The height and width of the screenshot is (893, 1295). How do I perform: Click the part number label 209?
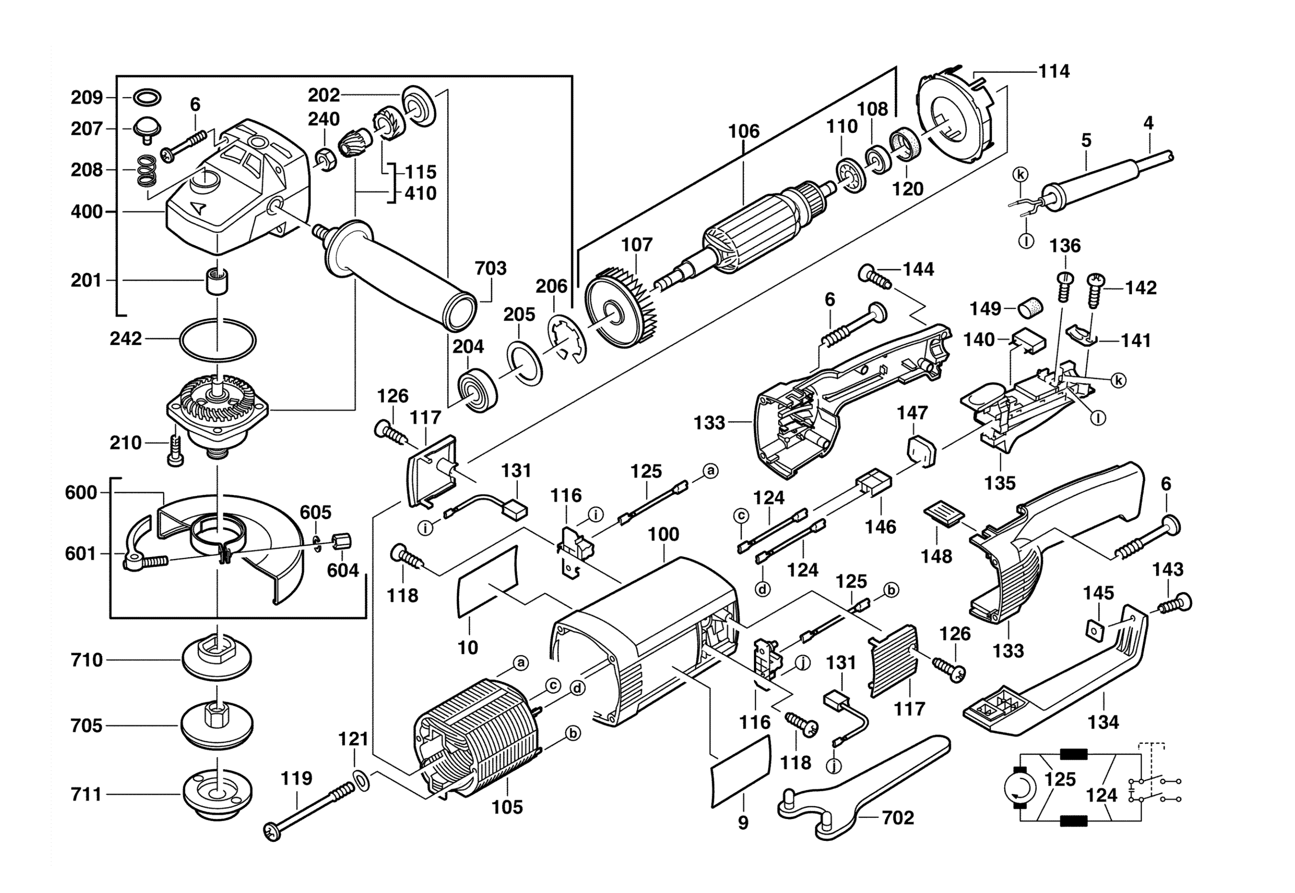pos(87,98)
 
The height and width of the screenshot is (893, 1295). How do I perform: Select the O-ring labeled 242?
pos(218,339)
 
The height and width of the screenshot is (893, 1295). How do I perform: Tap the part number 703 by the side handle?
pos(490,268)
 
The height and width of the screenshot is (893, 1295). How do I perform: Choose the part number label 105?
pos(507,807)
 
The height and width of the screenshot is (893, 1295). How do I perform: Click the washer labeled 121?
pos(361,780)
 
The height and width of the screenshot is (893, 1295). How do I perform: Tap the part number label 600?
pos(81,493)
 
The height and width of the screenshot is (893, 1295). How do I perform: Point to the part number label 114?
pos(1054,72)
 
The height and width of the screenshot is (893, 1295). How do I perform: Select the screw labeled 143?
pos(1175,604)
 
